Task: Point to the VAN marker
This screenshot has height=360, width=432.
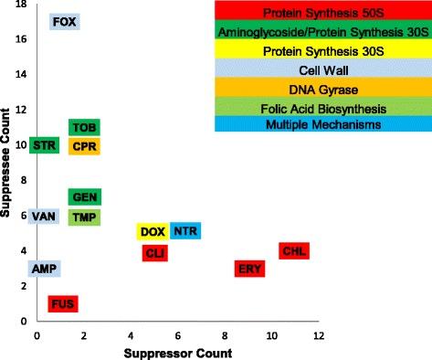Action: click(x=44, y=217)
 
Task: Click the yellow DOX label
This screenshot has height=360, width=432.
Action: click(x=152, y=232)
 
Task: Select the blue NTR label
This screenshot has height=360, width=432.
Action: click(x=185, y=232)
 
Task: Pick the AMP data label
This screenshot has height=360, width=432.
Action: click(x=44, y=269)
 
